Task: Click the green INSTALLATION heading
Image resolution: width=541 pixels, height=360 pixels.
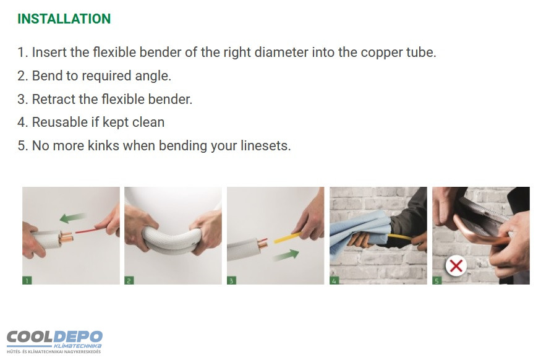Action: pos(64,19)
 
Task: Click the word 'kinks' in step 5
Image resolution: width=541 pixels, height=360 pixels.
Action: pos(103,145)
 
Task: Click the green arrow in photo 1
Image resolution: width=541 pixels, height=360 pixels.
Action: pos(72,218)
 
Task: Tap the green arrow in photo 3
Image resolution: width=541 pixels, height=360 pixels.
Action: pos(286,255)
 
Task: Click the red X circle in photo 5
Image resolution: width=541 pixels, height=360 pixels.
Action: pos(456,266)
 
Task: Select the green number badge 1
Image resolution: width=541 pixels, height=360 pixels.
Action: pos(27,280)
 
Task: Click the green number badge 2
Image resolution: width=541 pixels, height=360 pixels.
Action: pos(129,280)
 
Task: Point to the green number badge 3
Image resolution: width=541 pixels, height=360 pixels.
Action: pos(231,280)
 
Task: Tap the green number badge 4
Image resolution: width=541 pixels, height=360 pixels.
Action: pos(334,280)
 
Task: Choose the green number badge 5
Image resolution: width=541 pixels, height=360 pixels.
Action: pos(437,280)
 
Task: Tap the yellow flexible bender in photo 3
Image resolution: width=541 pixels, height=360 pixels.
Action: pos(287,238)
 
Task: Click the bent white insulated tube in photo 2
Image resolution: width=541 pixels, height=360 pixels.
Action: pos(173,240)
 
